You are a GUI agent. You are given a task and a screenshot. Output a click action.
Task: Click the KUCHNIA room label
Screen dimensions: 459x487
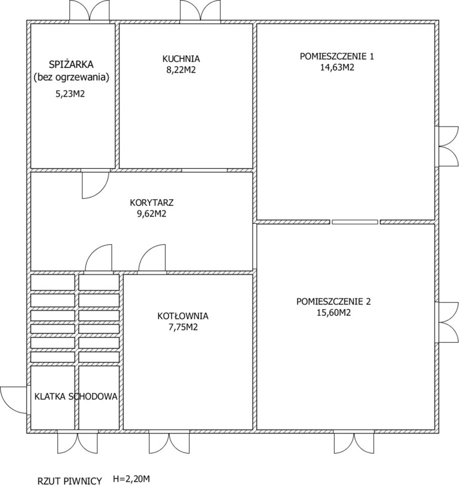pos(181,58)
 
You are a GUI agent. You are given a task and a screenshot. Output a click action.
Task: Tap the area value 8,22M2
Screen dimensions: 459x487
pos(181,70)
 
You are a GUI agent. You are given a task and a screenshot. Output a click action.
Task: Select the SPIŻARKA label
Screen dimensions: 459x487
pos(71,64)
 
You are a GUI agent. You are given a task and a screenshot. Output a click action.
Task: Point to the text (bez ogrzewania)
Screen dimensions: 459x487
pos(71,78)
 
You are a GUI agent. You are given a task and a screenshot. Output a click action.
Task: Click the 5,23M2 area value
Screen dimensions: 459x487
pos(70,94)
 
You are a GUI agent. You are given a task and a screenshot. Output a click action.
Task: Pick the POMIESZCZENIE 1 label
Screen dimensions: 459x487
pos(337,56)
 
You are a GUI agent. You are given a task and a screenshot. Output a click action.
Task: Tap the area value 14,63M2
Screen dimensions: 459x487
pos(337,67)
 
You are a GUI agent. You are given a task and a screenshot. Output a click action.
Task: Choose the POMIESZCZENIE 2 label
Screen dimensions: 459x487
pos(333,301)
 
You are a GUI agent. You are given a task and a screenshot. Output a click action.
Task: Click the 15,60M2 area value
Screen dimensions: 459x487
pos(333,313)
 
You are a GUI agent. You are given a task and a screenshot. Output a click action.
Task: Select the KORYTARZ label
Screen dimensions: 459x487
pos(152,203)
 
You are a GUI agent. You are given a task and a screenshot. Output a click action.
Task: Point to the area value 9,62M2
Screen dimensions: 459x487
pos(152,214)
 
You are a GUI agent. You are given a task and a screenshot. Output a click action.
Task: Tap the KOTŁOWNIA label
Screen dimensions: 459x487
pos(183,316)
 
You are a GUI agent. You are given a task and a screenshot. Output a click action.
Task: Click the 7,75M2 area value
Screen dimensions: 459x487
pos(183,328)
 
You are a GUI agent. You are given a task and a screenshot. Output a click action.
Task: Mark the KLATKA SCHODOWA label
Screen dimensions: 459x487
pos(76,397)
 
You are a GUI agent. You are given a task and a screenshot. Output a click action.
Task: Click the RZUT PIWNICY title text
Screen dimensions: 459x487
pos(70,481)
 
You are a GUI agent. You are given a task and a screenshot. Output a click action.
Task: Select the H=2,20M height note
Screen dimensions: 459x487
pos(134,479)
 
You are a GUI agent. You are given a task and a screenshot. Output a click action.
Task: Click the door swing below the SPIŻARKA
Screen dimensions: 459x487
pos(95,186)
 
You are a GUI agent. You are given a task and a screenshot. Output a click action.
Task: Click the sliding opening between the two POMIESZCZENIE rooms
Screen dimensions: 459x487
pos(355,222)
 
